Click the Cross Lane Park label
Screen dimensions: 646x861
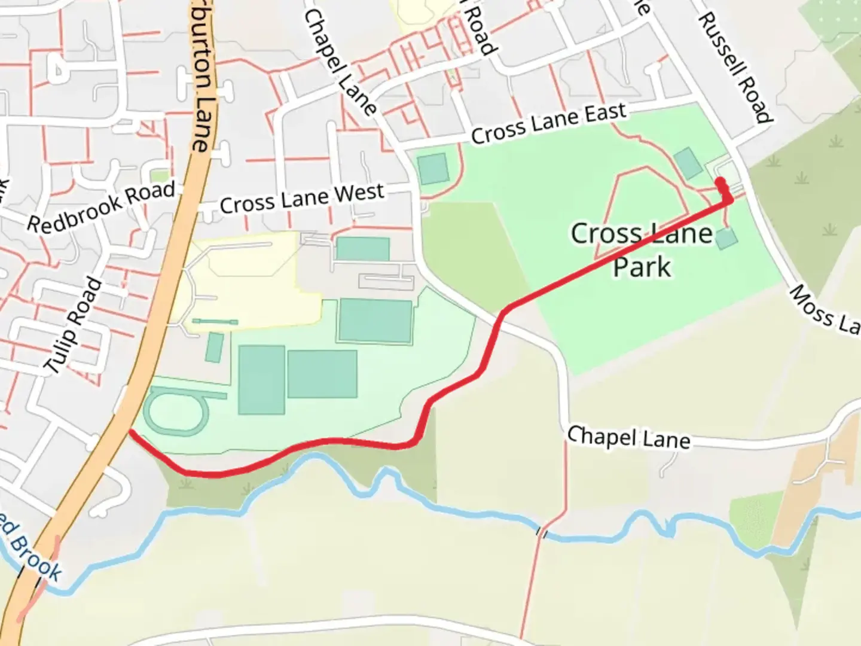pyautogui.click(x=642, y=249)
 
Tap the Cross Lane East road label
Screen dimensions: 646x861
pyautogui.click(x=548, y=124)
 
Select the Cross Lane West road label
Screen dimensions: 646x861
pyautogui.click(x=302, y=199)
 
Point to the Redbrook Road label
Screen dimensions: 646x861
pyautogui.click(x=102, y=208)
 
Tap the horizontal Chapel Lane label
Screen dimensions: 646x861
pyautogui.click(x=628, y=438)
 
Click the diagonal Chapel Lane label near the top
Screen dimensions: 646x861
pyautogui.click(x=340, y=62)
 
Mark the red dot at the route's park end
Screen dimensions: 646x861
pyautogui.click(x=720, y=182)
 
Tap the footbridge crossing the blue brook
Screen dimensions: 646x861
pyautogui.click(x=542, y=532)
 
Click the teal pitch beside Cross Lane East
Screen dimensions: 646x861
pyautogui.click(x=433, y=169)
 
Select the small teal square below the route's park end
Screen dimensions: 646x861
pyautogui.click(x=726, y=239)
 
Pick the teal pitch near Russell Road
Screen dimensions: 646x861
pyautogui.click(x=688, y=163)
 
